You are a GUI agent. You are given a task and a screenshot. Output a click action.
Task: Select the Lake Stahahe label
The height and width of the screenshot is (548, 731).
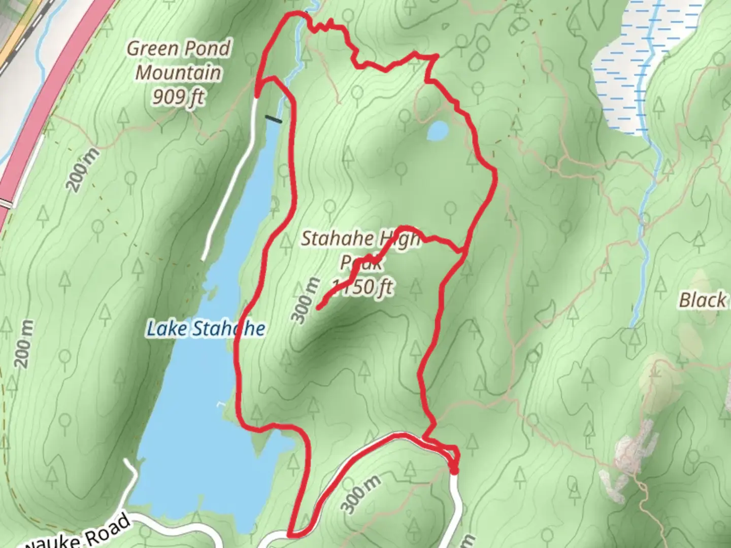point(206,329)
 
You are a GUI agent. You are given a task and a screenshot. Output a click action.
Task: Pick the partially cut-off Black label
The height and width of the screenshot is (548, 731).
point(703,300)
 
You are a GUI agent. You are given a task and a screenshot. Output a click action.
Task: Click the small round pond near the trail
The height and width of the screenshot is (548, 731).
point(438,131)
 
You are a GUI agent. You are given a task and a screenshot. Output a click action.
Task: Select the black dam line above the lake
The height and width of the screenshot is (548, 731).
point(273,119)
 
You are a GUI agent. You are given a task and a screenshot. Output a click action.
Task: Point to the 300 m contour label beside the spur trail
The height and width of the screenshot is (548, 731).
point(306,300)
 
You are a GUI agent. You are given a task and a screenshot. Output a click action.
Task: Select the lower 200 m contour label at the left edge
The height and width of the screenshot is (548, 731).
point(25,344)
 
